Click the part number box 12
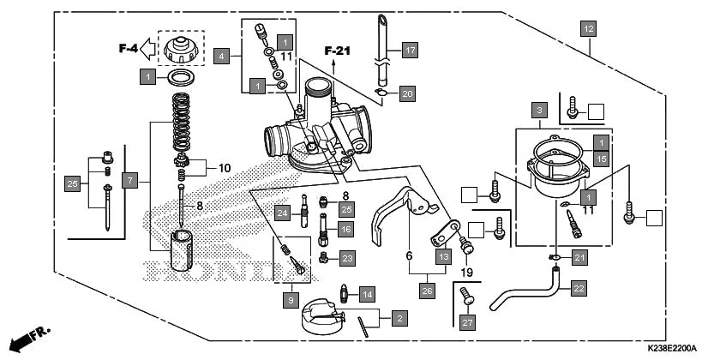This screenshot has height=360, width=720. pyautogui.click(x=587, y=29)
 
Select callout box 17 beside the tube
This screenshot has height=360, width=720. pyautogui.click(x=410, y=51)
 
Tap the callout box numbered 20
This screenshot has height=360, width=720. pyautogui.click(x=407, y=93)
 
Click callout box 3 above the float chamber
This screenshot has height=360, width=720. pyautogui.click(x=538, y=111)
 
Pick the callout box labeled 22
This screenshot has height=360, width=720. pyautogui.click(x=579, y=289)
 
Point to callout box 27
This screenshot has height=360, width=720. pyautogui.click(x=466, y=322)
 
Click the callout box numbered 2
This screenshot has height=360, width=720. pyautogui.click(x=398, y=318)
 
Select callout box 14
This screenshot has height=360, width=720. pyautogui.click(x=366, y=294)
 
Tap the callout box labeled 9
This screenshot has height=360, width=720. pyautogui.click(x=291, y=300)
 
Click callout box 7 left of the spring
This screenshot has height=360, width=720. pyautogui.click(x=129, y=181)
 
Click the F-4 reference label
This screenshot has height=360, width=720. pyautogui.click(x=128, y=49)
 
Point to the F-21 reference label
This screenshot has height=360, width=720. pyautogui.click(x=338, y=51)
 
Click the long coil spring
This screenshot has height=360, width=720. pyautogui.click(x=181, y=123)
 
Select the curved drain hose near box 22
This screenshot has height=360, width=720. pyautogui.click(x=523, y=294)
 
